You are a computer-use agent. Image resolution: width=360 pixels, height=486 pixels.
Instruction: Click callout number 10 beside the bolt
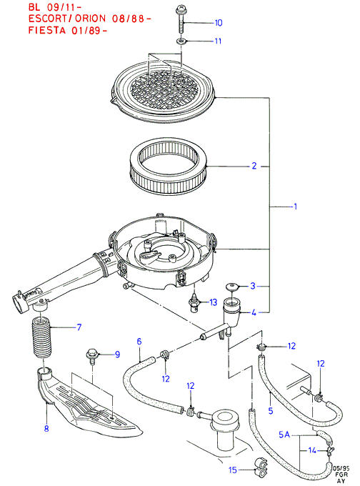coord(219,23)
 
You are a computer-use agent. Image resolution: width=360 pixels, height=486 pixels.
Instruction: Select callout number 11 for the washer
coord(218,41)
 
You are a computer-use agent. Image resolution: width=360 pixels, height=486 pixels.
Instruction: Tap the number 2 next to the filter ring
coord(254,166)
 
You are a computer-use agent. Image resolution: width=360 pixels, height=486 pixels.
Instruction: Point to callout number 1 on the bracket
coord(295,206)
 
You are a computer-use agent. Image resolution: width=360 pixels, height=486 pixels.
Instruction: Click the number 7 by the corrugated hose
coord(79,327)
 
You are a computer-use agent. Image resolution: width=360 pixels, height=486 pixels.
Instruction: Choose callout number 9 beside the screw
coord(117,354)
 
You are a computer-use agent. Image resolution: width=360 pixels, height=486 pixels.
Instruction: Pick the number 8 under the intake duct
coord(46,428)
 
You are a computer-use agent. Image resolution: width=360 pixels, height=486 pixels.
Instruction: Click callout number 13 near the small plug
coord(214,302)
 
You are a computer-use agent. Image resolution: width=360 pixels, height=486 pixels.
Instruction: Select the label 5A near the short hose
coord(284,435)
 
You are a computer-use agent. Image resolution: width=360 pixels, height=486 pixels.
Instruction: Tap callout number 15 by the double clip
coord(233,470)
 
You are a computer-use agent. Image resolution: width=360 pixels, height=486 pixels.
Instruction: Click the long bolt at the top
coord(180,19)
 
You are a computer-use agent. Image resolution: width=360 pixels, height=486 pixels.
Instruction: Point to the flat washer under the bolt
coord(181,41)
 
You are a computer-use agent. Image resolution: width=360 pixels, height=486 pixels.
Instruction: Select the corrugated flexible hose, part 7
coord(41,337)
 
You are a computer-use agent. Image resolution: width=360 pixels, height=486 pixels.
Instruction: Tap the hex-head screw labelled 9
coord(92,357)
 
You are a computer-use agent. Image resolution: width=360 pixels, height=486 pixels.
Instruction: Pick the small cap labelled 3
coord(232,287)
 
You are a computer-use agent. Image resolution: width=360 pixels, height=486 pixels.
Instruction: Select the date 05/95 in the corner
coord(341,468)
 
